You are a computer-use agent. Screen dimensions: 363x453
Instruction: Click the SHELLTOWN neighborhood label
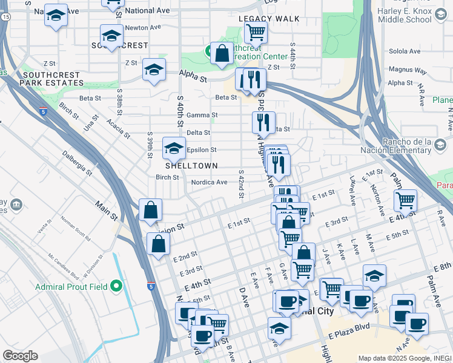coord(191,165)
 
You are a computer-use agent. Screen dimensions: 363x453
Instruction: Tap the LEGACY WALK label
coord(269,19)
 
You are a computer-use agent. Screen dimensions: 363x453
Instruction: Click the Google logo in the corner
coord(20,356)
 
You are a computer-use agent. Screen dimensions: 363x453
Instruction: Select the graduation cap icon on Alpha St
coord(154,69)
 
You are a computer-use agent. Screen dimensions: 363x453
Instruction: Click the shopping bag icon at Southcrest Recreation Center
coord(222,53)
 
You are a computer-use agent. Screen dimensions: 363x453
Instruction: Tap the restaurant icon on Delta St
coord(263,122)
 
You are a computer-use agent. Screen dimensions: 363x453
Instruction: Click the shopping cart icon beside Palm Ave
coord(405,200)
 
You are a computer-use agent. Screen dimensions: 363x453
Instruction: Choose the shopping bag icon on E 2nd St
coord(158,244)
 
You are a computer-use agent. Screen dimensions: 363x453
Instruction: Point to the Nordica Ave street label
coord(209,182)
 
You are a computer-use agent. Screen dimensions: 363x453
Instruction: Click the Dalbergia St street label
coord(76,164)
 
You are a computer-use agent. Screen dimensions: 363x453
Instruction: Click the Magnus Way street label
coord(405,70)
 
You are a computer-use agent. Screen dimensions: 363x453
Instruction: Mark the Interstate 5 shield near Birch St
coord(42,111)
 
